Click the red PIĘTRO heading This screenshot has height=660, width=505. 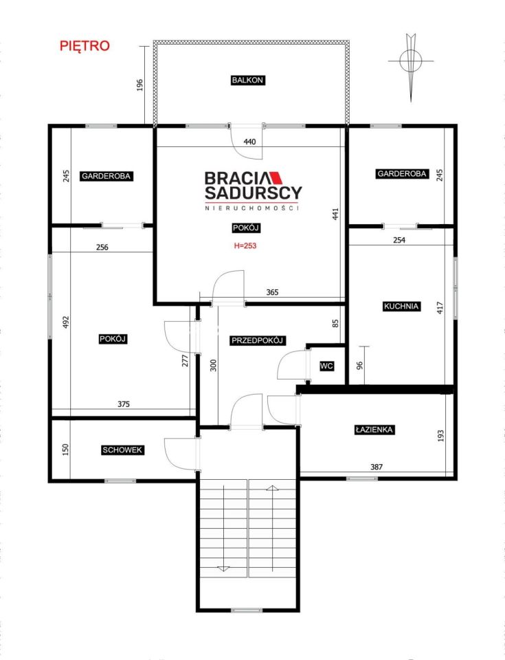point(85,45)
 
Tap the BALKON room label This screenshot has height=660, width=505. point(247,80)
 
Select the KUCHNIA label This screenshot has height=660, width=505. point(401,307)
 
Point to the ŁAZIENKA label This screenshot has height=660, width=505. point(374,430)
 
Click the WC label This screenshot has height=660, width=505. point(326,366)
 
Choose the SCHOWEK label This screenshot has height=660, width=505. point(122,450)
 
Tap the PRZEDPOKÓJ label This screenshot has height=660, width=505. point(258,340)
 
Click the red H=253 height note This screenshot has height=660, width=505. point(245,246)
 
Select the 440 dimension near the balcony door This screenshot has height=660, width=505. point(249,142)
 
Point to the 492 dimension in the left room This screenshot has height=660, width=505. point(65,322)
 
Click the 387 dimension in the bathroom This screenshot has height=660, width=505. point(377,467)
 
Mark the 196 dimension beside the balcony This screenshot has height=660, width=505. point(140,85)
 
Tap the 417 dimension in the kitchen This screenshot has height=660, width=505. point(440,308)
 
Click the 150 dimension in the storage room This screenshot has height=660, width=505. point(65,450)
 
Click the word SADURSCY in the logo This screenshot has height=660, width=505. point(254,192)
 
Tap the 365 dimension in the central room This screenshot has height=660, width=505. point(272,292)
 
